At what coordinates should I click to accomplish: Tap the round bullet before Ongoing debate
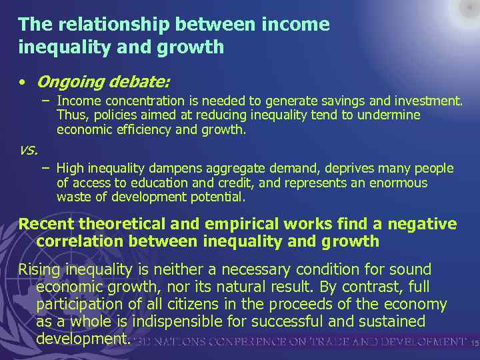23,83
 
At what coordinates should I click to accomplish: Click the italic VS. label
28,151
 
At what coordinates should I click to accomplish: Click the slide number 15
474,343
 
